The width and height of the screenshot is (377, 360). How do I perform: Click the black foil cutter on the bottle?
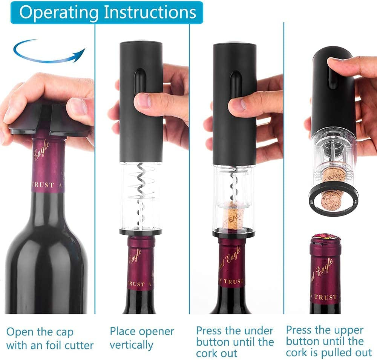coord(49,120)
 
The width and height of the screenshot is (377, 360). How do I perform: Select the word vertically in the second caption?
coord(132,345)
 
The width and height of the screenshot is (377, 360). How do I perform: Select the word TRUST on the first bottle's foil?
coord(43,185)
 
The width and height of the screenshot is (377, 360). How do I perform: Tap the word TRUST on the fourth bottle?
coord(325,297)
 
